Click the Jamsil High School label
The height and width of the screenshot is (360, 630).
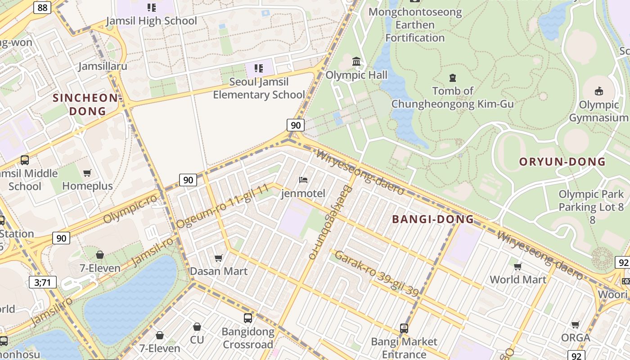152,21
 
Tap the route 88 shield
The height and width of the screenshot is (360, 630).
42,7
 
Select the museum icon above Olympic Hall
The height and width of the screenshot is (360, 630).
356,61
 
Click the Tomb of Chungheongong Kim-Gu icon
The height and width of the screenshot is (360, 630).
452,78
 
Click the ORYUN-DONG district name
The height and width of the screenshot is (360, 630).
562,162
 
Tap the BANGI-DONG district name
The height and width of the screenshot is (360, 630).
433,220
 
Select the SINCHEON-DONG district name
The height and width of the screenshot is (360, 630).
88,104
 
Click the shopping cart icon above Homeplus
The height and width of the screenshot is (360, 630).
87,173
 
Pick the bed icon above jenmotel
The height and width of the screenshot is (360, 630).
303,180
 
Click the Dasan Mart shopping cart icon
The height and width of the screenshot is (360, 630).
219,258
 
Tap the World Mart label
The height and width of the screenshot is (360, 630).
518,279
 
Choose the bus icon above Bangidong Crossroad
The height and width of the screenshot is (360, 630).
248,318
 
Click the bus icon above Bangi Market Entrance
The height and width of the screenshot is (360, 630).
404,328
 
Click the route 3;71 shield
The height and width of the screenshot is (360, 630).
42,282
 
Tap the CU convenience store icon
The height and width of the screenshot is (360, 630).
197,327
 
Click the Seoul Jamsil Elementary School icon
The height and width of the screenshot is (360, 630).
259,68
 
